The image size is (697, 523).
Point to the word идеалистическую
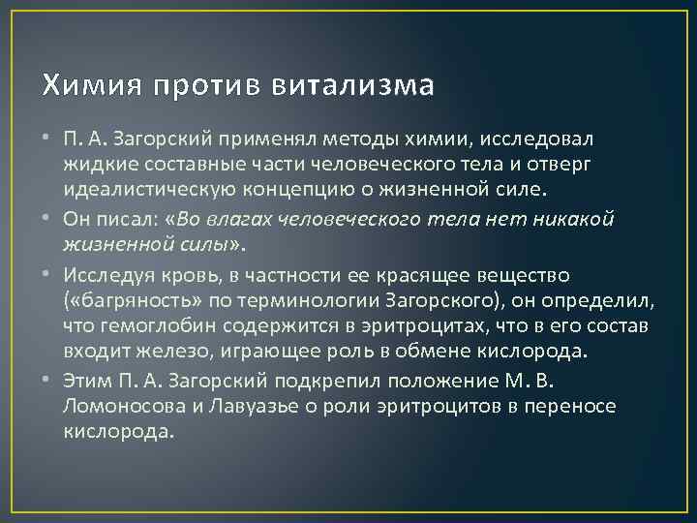coord(156,186)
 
